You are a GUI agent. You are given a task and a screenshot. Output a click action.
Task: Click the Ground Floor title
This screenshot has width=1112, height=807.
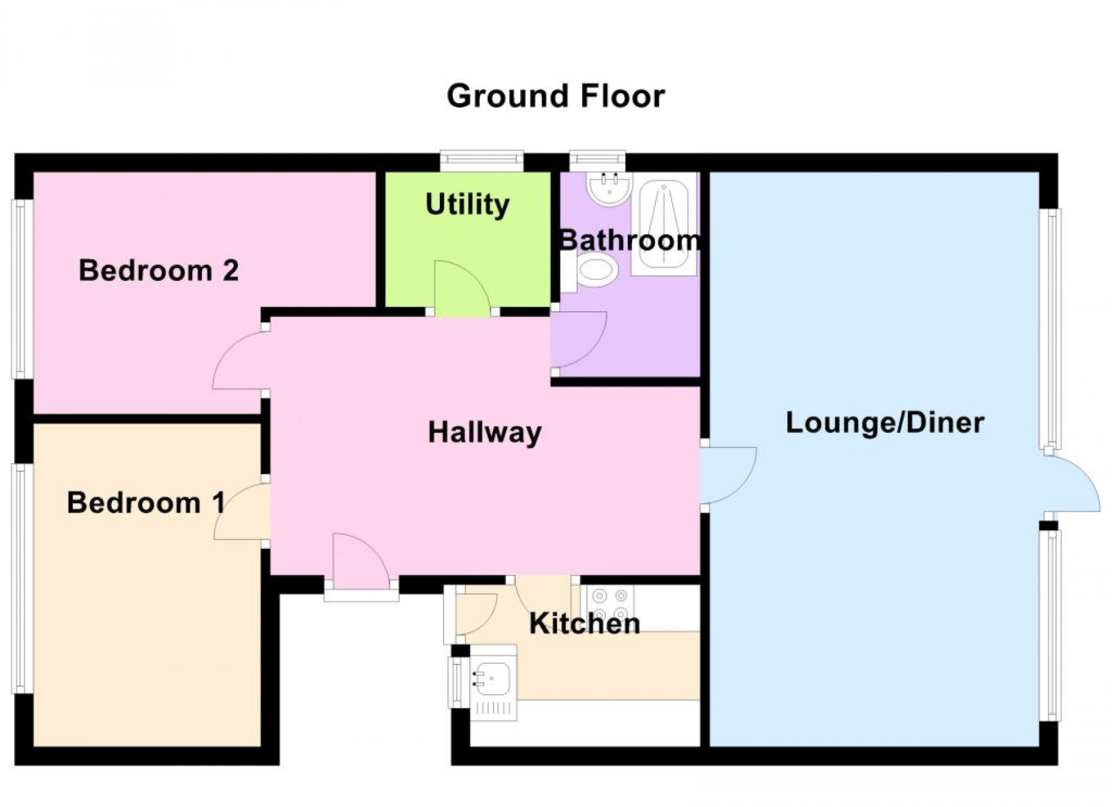tap(556, 96)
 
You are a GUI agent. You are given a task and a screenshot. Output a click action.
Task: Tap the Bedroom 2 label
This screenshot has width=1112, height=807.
tap(159, 270)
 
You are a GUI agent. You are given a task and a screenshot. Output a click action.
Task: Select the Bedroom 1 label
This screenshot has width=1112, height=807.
tap(146, 503)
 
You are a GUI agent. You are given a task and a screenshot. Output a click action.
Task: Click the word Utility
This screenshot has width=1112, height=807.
tap(468, 204)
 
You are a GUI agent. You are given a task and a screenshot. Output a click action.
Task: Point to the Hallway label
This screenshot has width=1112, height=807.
tap(485, 432)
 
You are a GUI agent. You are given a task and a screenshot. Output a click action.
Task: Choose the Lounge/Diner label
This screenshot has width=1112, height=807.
tap(885, 423)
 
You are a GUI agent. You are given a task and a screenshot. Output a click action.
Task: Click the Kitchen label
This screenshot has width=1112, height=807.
tap(584, 624)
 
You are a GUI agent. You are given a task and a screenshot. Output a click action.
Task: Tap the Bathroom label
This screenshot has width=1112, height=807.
tap(630, 240)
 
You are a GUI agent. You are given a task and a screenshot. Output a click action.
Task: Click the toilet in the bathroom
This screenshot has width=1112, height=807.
tap(591, 272)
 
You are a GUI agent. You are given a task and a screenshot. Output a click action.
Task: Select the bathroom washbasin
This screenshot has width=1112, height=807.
tap(609, 188)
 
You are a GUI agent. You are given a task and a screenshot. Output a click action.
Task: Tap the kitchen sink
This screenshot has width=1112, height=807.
tap(492, 682)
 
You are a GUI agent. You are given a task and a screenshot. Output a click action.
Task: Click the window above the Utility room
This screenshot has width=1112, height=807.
tap(482, 161)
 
